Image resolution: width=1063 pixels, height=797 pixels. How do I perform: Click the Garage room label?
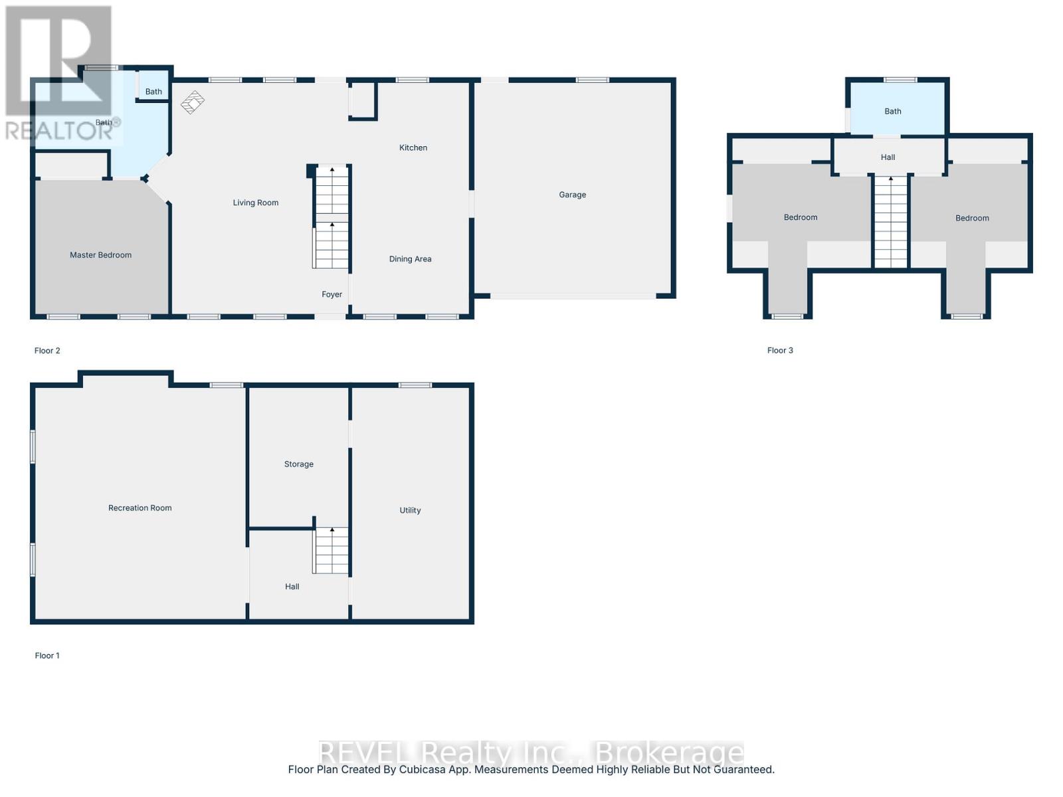(572, 195)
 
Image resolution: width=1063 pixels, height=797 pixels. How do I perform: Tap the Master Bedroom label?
(100, 255)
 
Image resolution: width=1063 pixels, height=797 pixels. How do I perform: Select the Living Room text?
(255, 203)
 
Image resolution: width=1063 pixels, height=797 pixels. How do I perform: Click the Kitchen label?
(413, 147)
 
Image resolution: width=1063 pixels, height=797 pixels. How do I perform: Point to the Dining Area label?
(410, 259)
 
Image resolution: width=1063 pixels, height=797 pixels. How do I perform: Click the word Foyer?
(332, 294)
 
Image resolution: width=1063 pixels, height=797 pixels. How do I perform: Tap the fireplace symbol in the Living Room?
(193, 102)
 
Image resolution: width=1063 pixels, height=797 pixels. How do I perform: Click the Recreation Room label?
(140, 508)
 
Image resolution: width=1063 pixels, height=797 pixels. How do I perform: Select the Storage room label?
(298, 464)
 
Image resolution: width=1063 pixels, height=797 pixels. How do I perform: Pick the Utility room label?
(410, 510)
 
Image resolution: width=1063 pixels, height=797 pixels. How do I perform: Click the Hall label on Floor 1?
(292, 586)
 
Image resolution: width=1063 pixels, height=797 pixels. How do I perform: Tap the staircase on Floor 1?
(331, 550)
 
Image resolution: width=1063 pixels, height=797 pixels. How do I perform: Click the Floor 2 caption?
(47, 351)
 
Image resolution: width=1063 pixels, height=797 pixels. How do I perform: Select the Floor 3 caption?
(780, 350)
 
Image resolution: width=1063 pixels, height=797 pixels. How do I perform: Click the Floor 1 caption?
(47, 656)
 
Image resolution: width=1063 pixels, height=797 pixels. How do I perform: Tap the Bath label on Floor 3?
(892, 112)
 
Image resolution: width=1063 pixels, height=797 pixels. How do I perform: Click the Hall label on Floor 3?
(888, 157)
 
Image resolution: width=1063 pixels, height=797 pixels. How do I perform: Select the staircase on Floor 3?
(890, 222)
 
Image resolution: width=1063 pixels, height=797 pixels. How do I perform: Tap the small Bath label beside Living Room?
(153, 92)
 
